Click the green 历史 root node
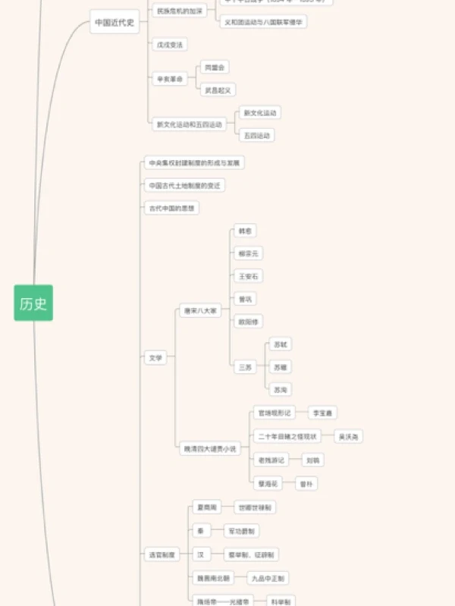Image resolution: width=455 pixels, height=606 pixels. point(33,303)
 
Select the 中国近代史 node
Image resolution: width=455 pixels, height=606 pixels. point(115,23)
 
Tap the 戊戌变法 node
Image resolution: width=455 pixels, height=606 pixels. point(169,45)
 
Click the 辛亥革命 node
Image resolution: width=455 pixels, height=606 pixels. point(170,79)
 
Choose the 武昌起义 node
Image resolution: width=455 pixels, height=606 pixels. point(217,90)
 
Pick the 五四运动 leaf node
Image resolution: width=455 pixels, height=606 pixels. point(256,136)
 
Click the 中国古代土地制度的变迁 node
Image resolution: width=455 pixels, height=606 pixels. point(185,185)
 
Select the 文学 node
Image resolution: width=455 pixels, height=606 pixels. point(155,357)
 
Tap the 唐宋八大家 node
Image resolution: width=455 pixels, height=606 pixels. point(200,311)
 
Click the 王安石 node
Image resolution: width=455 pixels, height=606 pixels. point(249,276)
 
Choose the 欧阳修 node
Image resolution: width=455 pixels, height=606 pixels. point(249,322)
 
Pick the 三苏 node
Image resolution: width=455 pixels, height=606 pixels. point(245,367)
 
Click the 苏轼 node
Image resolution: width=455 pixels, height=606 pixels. point(281,344)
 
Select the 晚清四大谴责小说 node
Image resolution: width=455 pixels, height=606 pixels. point(209,449)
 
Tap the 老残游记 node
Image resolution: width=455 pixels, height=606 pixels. point(271,460)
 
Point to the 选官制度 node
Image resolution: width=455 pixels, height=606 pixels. point(162,554)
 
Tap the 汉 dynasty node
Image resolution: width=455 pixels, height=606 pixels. point(200,554)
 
